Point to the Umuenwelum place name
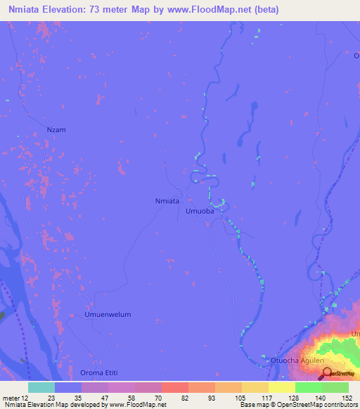pos(108,314)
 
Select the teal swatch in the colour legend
pos(41,387)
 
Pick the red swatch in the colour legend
pos(174,387)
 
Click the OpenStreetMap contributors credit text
pos(317,404)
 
